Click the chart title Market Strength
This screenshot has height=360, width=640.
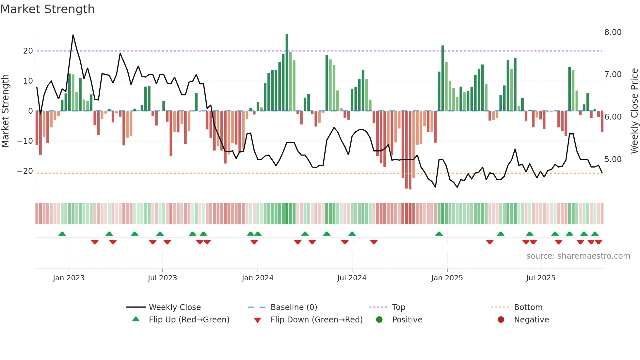pos(47,9)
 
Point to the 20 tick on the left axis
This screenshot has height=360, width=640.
pos(28,51)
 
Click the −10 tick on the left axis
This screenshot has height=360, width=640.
pos(25,141)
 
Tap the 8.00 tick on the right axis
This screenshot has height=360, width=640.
pos(613,32)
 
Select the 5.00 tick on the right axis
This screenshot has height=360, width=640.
pos(613,159)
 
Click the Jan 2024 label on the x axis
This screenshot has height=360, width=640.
pos(258,278)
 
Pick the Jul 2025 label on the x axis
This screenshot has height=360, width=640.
pos(541,278)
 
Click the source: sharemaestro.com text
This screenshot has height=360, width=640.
pos(578,256)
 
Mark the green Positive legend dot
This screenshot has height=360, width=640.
pos(379,320)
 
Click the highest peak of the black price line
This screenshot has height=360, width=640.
pos(73,35)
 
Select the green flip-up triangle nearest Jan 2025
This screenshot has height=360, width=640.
pos(439,234)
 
